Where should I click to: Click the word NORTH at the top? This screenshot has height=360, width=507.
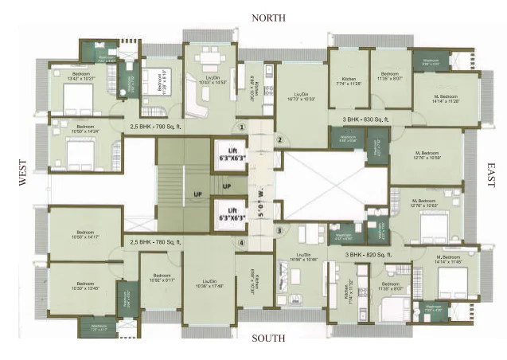pos(268,18)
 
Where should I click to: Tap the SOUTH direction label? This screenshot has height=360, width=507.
pos(268,338)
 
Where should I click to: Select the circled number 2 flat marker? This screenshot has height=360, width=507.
pos(279,140)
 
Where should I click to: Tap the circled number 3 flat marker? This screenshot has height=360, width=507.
pos(279,231)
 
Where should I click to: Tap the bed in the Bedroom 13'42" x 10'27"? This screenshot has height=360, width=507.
pos(79,97)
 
